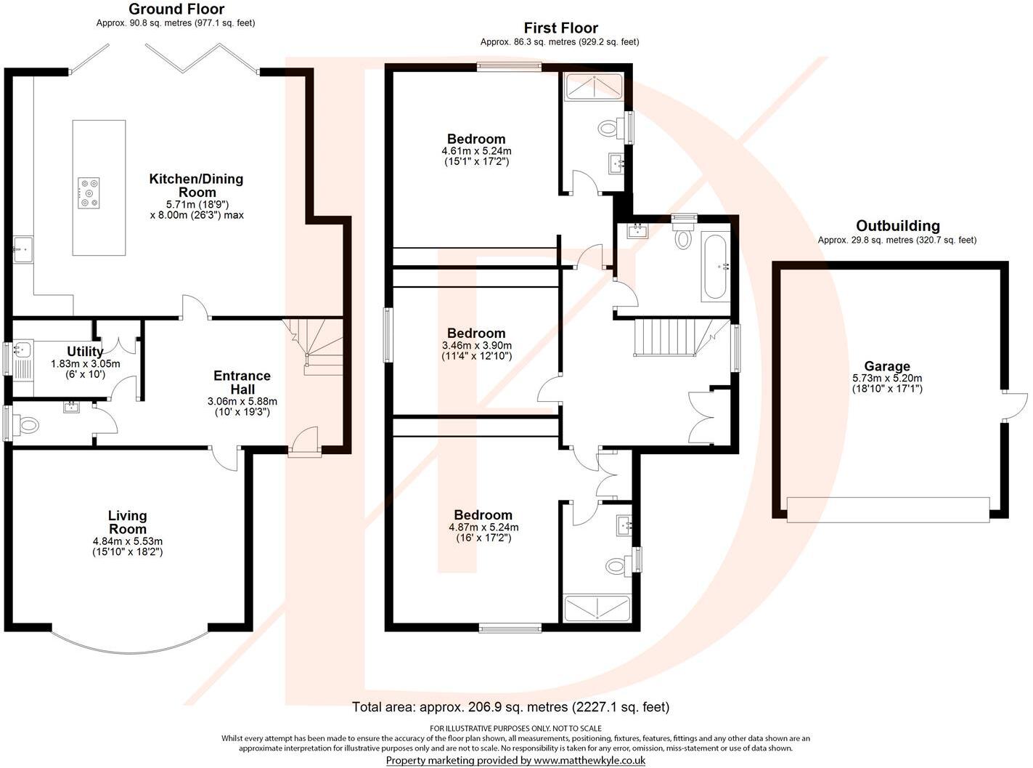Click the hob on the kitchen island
88,194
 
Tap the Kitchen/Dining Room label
196,185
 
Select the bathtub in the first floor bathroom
716,267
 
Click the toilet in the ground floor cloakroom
28,424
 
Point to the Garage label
886,367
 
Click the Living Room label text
128,522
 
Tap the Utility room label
85,352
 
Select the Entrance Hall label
242,382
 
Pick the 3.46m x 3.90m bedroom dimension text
476,346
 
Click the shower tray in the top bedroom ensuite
594,86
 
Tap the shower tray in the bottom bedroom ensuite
597,608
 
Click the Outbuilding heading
897,226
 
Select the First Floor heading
560,28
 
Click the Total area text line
510,707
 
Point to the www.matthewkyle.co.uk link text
589,760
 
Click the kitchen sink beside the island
23,249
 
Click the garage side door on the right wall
1015,407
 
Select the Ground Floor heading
176,9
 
